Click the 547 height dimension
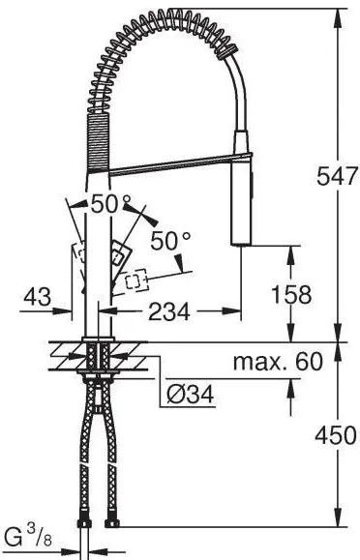click(337, 176)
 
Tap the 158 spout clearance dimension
click(291, 295)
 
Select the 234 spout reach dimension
click(169, 311)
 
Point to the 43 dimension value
click(37, 297)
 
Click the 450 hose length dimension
click(336, 435)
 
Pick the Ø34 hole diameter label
click(191, 395)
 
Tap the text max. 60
click(278, 362)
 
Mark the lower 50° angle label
click(171, 241)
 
